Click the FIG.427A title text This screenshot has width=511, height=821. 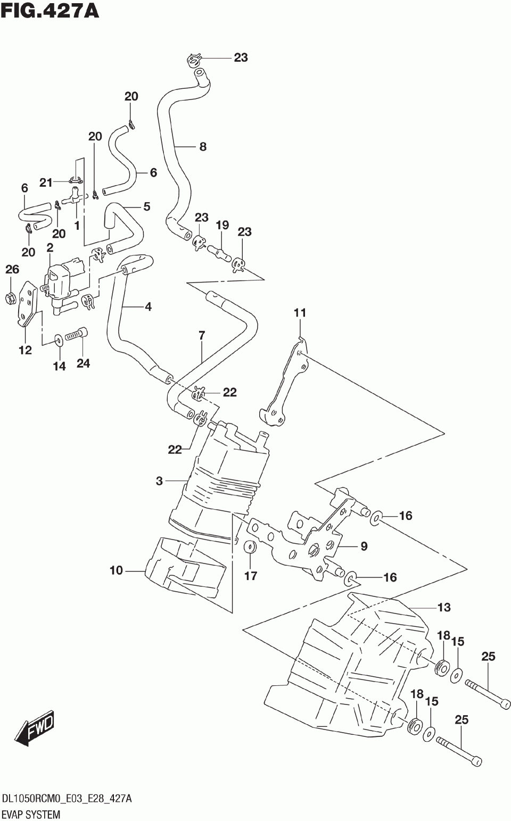(x=50, y=11)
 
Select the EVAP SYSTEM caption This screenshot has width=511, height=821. (x=31, y=815)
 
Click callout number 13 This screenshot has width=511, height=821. (x=444, y=607)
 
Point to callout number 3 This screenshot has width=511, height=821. (x=159, y=481)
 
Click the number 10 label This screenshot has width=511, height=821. (x=116, y=570)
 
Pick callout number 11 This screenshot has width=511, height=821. (x=300, y=313)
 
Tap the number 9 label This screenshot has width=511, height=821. (x=364, y=546)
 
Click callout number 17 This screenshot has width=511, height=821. (x=251, y=576)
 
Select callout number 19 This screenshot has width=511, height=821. (x=222, y=225)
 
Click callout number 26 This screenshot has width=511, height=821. (x=12, y=269)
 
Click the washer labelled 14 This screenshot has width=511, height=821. (x=59, y=341)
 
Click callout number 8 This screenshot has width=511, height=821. (x=203, y=147)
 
